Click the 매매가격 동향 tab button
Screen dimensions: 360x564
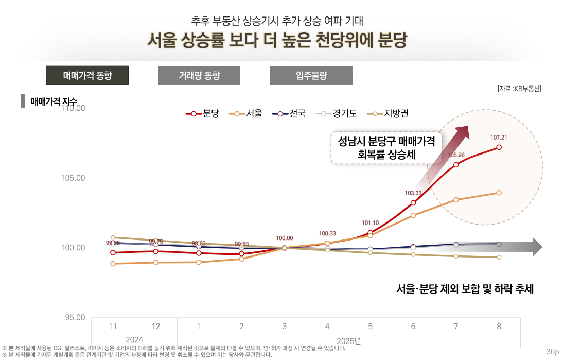tap(87, 76)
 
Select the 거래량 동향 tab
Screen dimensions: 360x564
tap(199, 76)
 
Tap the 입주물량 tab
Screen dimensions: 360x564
tap(311, 76)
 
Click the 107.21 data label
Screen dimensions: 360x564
tap(499, 138)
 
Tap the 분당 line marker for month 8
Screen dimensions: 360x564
tap(499, 148)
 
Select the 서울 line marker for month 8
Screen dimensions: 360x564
tap(499, 193)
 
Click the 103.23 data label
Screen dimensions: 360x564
tap(413, 193)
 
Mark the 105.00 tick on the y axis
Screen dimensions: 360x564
tap(73, 178)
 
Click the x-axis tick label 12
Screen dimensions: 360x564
tap(156, 327)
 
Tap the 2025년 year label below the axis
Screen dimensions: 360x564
tap(349, 340)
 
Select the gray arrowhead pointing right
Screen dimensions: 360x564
tap(537, 247)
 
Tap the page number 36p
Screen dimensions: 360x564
tap(552, 352)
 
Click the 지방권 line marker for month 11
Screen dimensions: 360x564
tap(113, 238)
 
